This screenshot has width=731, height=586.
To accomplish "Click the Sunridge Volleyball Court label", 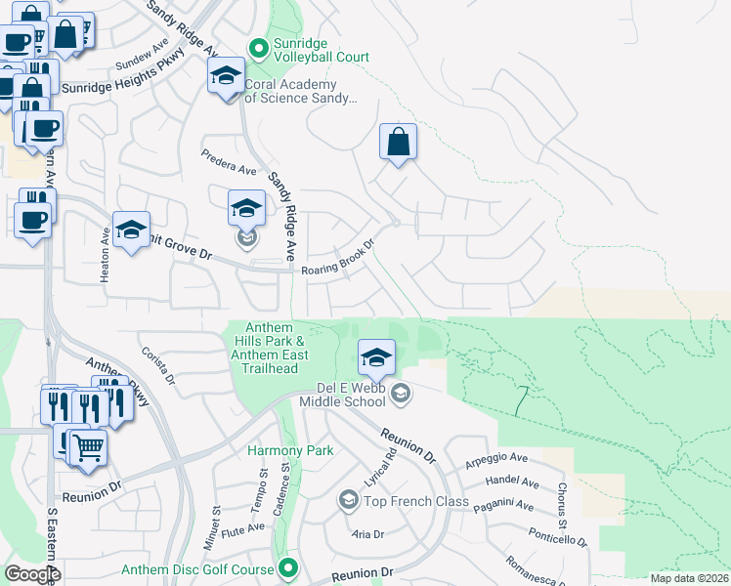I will [322, 57].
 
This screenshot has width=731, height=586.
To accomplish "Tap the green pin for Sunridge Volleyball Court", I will [259, 47].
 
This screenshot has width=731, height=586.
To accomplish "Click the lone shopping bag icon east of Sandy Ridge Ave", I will [399, 142].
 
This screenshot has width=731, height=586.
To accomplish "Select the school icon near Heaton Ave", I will [131, 230].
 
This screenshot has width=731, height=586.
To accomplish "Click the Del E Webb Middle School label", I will [342, 395].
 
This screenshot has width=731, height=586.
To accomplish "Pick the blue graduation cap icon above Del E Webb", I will [376, 357].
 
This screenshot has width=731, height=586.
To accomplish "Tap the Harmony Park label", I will [290, 450].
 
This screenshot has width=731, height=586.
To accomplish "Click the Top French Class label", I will [416, 501].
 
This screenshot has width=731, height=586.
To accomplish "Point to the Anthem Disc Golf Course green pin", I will [288, 567].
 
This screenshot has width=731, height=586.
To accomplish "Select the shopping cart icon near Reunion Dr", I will [88, 448].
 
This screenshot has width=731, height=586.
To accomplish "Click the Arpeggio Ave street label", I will [496, 458].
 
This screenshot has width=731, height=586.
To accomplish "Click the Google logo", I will [32, 574].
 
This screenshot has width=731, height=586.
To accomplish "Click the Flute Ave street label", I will [242, 528].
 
